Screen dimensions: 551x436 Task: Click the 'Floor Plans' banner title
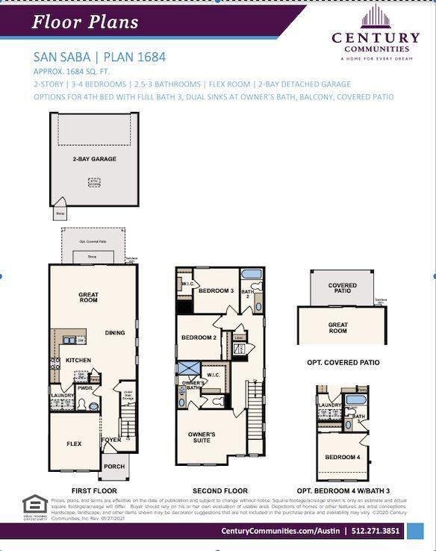click(x=84, y=21)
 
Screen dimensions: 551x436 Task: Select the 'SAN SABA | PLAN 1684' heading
click(x=99, y=57)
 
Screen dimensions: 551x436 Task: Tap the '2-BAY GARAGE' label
click(x=94, y=159)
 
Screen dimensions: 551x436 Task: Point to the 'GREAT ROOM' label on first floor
click(x=89, y=298)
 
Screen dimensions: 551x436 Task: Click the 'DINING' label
click(x=115, y=333)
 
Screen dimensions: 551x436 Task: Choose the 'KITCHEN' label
click(x=78, y=360)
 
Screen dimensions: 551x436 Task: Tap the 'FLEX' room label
click(x=74, y=443)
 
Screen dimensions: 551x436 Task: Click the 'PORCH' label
click(x=114, y=467)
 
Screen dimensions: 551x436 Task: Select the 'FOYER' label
click(x=111, y=440)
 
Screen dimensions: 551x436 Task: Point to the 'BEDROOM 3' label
click(x=216, y=290)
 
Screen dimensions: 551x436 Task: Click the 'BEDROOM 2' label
click(x=199, y=337)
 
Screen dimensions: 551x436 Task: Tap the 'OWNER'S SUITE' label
click(x=202, y=437)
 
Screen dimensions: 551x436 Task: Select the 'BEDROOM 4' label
click(x=342, y=457)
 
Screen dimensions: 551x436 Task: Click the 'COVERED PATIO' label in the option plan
click(x=342, y=288)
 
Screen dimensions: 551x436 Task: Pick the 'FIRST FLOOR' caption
click(x=94, y=491)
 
